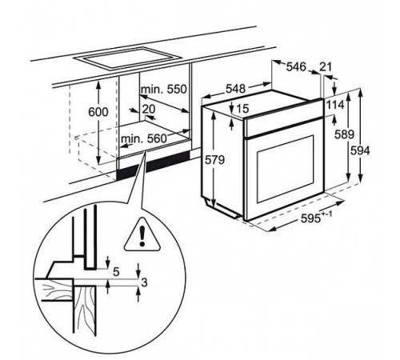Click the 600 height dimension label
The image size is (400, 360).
(x=98, y=112)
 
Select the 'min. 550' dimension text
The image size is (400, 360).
(x=164, y=89)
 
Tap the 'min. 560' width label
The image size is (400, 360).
(x=143, y=138)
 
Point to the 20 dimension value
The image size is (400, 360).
(x=149, y=109)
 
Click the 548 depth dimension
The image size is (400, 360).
(x=235, y=89)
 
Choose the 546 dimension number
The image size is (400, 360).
(x=296, y=66)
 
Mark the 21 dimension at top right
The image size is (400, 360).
(x=326, y=66)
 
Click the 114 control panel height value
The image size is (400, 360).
(x=335, y=105)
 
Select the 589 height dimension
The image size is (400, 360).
(x=344, y=134)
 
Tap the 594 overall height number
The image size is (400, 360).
(x=360, y=151)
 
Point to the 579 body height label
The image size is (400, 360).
(x=214, y=160)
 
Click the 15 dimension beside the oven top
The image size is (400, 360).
(x=242, y=108)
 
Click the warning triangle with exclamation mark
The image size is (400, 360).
(x=142, y=236)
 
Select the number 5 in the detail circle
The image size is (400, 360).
(x=116, y=272)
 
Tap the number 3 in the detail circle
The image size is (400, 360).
(x=144, y=282)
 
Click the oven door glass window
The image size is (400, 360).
(x=286, y=169)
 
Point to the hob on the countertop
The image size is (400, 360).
(x=126, y=58)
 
